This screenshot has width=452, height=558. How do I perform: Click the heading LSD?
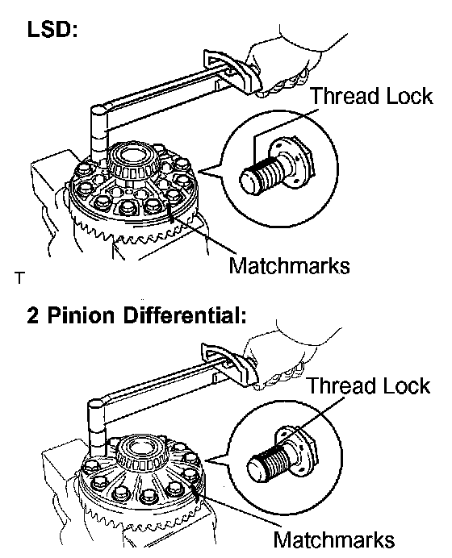[52, 30]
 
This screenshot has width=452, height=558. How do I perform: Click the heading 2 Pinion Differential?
[136, 315]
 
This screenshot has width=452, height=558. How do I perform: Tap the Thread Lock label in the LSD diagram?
[372, 96]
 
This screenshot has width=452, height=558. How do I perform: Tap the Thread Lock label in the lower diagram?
[369, 385]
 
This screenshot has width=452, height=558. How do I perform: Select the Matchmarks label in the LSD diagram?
[289, 265]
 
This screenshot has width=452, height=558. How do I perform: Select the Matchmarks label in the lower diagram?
[334, 539]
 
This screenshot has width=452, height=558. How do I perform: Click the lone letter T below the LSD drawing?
[20, 278]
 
